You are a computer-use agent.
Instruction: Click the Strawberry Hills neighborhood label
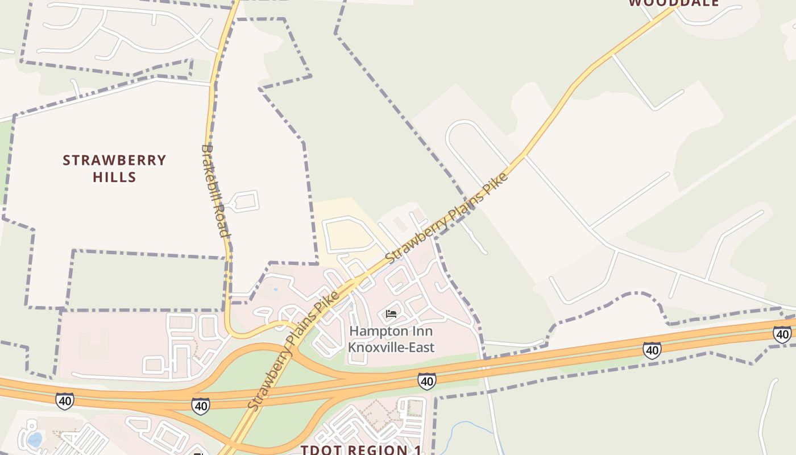pyautogui.click(x=114, y=168)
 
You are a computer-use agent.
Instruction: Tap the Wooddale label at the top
pyautogui.click(x=674, y=3)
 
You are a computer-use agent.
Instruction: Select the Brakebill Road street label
pyautogui.click(x=215, y=191)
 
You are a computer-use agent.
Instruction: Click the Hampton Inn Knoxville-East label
pyautogui.click(x=391, y=339)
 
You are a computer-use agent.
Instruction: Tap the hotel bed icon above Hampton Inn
pyautogui.click(x=391, y=314)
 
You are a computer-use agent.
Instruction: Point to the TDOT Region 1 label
pyautogui.click(x=361, y=450)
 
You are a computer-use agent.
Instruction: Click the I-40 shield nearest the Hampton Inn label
pyautogui.click(x=426, y=380)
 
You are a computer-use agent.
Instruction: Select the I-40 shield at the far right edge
pyautogui.click(x=782, y=334)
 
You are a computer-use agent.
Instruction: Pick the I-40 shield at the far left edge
pyautogui.click(x=65, y=400)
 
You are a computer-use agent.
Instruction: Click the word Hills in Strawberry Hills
pyautogui.click(x=114, y=177)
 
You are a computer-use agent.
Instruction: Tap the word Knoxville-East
pyautogui.click(x=391, y=347)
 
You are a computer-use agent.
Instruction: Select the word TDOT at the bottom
pyautogui.click(x=320, y=450)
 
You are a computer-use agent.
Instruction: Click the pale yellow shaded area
pyautogui.click(x=347, y=230)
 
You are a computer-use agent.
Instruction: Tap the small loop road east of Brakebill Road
pyautogui.click(x=245, y=201)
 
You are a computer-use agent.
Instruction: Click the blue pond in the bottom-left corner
pyautogui.click(x=35, y=439)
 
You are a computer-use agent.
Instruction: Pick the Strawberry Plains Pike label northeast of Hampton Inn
pyautogui.click(x=446, y=218)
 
